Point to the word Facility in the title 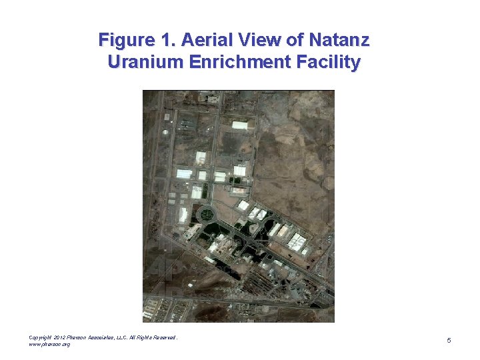click(330, 63)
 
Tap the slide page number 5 click(449, 341)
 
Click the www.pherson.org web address click(50, 344)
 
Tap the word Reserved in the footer click(165, 337)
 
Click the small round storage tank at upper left click(167, 117)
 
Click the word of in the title click(294, 40)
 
